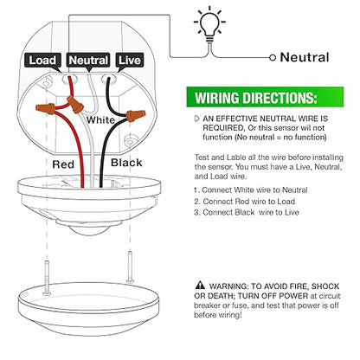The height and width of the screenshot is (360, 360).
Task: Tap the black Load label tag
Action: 42,61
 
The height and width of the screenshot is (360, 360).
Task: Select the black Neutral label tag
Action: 88,61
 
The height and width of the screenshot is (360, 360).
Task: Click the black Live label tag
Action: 129,61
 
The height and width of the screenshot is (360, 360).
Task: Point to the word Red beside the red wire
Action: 63,164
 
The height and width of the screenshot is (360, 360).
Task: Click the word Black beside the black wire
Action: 126,163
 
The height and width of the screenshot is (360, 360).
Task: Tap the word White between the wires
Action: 100,120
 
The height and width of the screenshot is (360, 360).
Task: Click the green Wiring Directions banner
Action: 265,97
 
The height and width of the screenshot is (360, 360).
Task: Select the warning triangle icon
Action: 200,286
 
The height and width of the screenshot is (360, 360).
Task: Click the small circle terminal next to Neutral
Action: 273,58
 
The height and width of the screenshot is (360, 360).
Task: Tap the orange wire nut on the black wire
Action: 135,115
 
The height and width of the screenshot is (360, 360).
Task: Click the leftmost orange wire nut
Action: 45,109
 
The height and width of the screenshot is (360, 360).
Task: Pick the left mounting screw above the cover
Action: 47,278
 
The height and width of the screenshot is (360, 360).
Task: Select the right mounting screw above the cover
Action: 130,267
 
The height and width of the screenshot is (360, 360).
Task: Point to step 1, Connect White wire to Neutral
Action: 250,190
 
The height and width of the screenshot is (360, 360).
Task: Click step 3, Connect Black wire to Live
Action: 247,213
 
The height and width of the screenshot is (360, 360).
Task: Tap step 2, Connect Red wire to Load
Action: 244,202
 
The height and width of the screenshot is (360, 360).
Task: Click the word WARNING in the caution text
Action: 228,286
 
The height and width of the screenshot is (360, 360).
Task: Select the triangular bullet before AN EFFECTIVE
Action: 197,119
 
